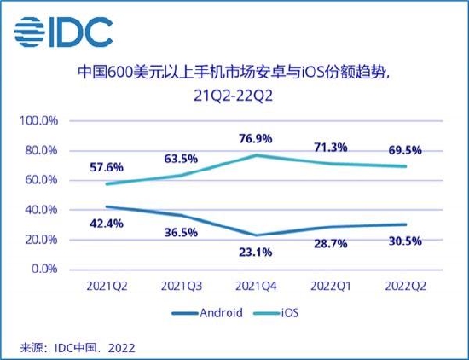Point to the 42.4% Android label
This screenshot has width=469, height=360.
click(106, 224)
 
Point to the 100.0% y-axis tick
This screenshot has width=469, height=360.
click(38, 121)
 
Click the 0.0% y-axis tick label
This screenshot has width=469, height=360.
click(41, 269)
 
